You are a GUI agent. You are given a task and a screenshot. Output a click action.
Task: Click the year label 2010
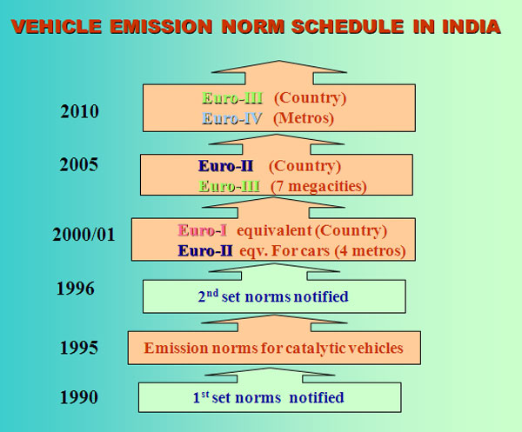(79, 111)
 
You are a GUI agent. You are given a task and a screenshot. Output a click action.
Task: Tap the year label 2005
(79, 164)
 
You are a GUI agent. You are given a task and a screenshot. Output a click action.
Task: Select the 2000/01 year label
(84, 235)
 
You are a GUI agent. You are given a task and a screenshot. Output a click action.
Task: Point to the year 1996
(76, 289)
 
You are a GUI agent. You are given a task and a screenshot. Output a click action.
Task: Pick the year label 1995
(79, 348)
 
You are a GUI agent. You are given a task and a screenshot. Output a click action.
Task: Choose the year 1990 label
(79, 397)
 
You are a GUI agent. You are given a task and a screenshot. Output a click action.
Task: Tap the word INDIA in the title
(472, 27)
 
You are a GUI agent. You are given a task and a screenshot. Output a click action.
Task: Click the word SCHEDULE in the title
(348, 27)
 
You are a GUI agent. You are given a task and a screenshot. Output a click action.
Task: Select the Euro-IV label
(232, 118)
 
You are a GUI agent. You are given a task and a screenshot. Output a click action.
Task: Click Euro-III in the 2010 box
(232, 98)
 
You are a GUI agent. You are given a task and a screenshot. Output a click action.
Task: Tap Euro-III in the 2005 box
(230, 186)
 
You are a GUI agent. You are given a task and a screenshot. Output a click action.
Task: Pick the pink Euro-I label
(203, 230)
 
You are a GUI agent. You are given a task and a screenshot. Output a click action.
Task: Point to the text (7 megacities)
(318, 187)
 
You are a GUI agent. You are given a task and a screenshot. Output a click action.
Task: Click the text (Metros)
(304, 118)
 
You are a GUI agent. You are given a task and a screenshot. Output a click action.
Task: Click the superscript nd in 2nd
(213, 293)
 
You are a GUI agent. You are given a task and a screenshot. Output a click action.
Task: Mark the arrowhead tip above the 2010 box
(279, 61)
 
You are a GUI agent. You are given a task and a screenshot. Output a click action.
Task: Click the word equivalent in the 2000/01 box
(274, 231)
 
